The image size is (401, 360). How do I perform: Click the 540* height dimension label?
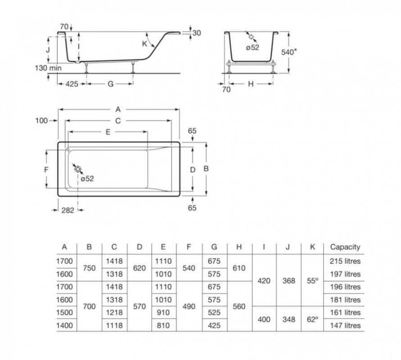[x=289, y=52]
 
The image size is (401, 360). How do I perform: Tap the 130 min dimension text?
[x=48, y=68]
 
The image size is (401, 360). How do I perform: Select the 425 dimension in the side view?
[x=72, y=84]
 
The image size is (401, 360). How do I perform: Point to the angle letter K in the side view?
[x=145, y=44]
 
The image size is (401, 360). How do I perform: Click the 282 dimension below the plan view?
[x=68, y=210]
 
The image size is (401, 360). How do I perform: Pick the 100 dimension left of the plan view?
[x=41, y=121]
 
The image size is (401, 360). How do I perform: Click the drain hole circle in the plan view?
[x=78, y=169]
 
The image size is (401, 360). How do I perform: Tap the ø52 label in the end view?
[x=252, y=47]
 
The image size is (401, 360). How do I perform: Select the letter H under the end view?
[x=251, y=84]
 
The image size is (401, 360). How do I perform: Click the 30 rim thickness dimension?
[x=197, y=33]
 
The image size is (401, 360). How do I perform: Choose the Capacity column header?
[x=345, y=247]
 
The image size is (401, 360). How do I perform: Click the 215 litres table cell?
[x=345, y=261]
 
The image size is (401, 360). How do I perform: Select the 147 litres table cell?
[x=345, y=325]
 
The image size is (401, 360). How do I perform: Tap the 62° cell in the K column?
[x=312, y=319]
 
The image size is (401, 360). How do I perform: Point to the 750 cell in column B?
[x=89, y=268]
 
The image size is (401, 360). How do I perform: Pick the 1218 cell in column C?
[x=114, y=312]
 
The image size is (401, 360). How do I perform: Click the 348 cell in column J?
[x=289, y=319]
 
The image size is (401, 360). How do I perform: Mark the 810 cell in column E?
[x=163, y=325]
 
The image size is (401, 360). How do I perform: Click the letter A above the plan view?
[x=118, y=109]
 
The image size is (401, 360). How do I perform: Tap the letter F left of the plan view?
[x=46, y=169]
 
